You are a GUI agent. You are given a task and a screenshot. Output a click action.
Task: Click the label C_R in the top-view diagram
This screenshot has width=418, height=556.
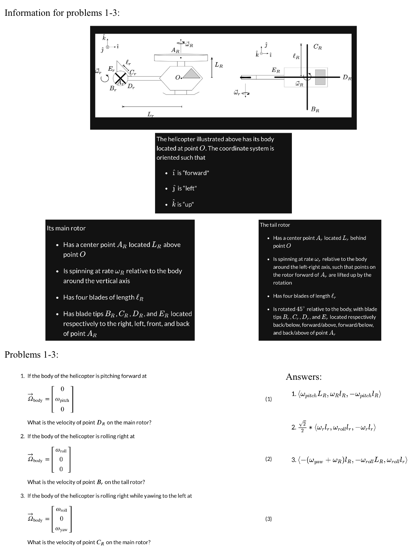coord(317,47)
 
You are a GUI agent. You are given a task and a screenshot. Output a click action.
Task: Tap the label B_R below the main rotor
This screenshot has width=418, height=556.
coord(315,109)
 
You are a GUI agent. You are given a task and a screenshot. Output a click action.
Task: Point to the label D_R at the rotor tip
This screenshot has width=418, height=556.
coord(346,77)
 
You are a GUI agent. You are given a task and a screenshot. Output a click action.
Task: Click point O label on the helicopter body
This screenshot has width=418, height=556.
coord(178,77)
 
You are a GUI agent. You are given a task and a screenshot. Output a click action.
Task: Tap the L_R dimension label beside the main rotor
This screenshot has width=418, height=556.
coord(219,65)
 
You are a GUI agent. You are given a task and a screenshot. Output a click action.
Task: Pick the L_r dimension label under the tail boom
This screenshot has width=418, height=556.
coord(150,114)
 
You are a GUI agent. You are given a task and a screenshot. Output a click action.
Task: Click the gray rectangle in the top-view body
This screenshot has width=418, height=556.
coord(320,77)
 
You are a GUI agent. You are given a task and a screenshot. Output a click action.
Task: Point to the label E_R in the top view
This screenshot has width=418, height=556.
coord(276,70)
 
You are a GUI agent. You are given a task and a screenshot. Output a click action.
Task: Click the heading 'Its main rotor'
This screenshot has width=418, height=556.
coord(66,228)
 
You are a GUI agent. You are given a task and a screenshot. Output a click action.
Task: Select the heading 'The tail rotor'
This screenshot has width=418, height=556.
coord(275,225)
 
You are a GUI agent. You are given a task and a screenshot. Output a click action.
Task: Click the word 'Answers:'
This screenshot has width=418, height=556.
coord(304,377)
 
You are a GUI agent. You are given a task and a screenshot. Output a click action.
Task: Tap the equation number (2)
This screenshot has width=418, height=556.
coord(269,459)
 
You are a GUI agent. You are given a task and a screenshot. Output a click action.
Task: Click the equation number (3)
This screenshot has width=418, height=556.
coord(269,519)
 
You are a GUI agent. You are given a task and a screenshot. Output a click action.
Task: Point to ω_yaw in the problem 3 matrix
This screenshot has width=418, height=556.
coord(61,529)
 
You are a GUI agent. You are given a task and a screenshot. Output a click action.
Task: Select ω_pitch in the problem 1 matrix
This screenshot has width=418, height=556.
coord(62,400)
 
